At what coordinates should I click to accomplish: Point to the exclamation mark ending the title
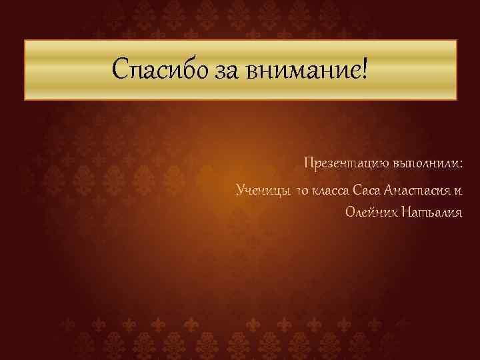click(364, 67)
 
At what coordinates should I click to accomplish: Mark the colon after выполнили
click(461, 164)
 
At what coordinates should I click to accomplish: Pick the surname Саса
click(367, 192)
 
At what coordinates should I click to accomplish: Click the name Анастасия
click(414, 192)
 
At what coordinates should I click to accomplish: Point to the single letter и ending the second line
click(457, 193)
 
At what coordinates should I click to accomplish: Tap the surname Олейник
click(368, 213)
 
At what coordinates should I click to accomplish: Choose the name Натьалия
click(429, 213)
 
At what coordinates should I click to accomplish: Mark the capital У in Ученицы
click(241, 192)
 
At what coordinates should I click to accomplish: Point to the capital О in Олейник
click(349, 213)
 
